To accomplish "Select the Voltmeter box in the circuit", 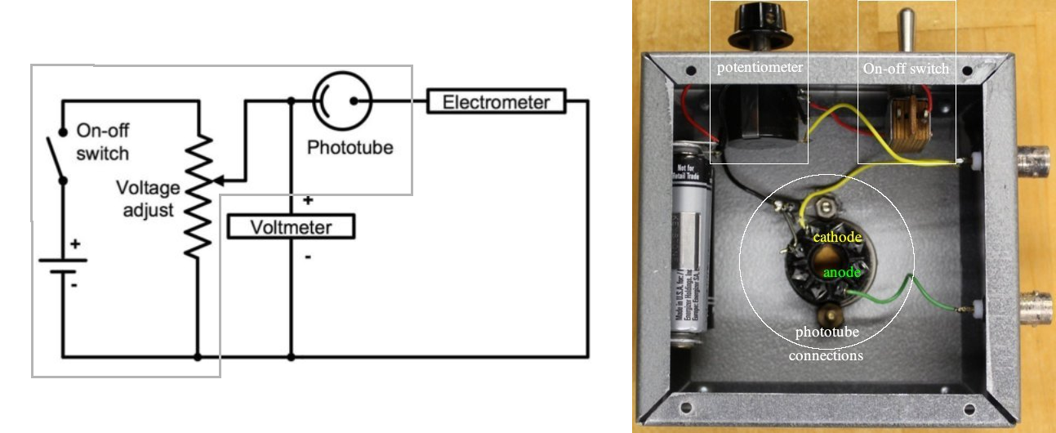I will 291,226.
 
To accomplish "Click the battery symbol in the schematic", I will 62,266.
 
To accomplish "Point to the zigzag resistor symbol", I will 198,196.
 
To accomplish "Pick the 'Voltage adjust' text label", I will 147,199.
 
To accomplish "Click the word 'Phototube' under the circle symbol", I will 350,148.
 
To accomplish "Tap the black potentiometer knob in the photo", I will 759,20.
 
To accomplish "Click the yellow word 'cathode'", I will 837,237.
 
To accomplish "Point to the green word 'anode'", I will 840,272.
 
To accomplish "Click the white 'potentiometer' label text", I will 760,68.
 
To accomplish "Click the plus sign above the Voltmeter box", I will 308,200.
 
